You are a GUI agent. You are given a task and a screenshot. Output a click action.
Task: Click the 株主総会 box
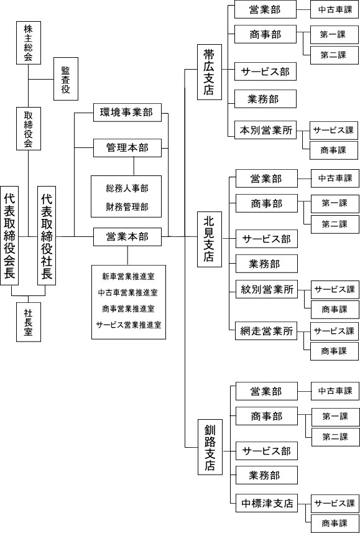tap(29, 42)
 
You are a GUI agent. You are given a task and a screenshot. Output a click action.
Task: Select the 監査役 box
tap(66, 79)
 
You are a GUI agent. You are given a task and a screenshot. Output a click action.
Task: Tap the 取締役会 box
tap(29, 129)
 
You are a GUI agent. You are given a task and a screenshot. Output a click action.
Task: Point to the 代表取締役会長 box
tap(9, 236)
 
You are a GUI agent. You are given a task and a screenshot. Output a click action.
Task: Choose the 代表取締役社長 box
tap(47, 236)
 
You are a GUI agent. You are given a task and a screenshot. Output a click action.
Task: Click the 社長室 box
tap(29, 322)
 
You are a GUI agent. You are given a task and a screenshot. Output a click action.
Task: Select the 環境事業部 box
tap(127, 113)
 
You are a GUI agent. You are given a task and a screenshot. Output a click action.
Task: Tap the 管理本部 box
tap(127, 148)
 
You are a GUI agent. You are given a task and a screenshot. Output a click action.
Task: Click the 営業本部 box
tap(127, 236)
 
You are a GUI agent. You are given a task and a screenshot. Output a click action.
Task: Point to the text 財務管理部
tap(127, 206)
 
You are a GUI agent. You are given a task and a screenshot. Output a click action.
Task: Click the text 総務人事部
tap(127, 188)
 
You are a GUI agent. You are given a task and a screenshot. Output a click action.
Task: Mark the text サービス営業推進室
tap(128, 325)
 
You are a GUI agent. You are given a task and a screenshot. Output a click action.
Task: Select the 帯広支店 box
tap(210, 72)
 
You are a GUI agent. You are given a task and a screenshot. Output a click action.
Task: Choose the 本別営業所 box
tap(265, 129)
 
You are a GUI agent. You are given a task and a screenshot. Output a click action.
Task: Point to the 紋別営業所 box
tap(267, 289)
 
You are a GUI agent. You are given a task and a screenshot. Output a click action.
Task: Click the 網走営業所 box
tap(267, 331)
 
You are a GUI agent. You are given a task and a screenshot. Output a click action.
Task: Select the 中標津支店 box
tap(267, 503)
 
